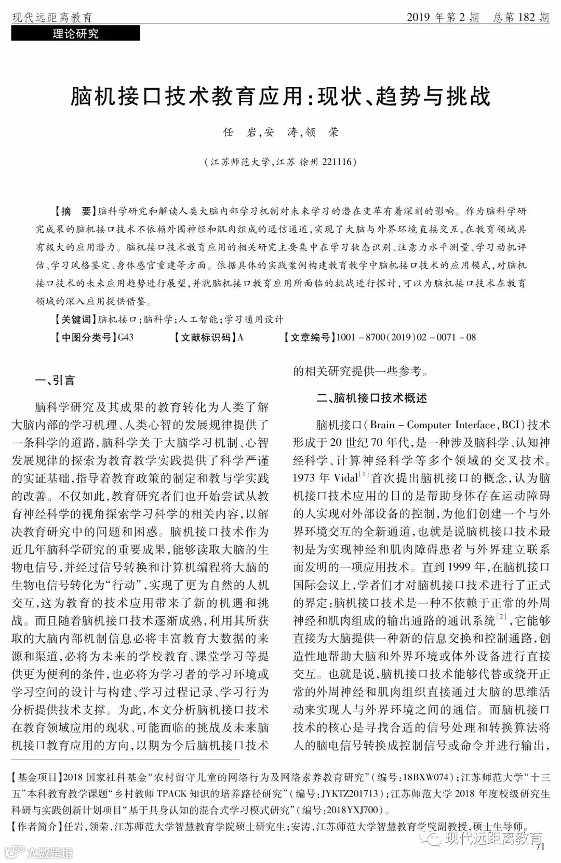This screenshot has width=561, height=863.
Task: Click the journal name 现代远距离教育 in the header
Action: click(52, 18)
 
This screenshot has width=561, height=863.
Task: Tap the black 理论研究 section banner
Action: click(76, 34)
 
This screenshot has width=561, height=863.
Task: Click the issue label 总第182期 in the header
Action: click(519, 18)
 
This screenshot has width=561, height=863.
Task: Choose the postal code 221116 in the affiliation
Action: click(338, 162)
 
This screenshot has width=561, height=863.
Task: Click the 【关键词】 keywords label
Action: click(74, 319)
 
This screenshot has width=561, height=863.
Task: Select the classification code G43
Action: click(126, 337)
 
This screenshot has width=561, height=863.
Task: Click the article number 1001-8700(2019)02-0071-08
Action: click(406, 337)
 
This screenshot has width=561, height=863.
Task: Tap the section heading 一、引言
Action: click(55, 380)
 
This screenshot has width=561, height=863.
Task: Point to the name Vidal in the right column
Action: click(345, 478)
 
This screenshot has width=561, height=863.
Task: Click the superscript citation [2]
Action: click(501, 617)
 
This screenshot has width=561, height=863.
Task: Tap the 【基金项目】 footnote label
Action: click(35, 778)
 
